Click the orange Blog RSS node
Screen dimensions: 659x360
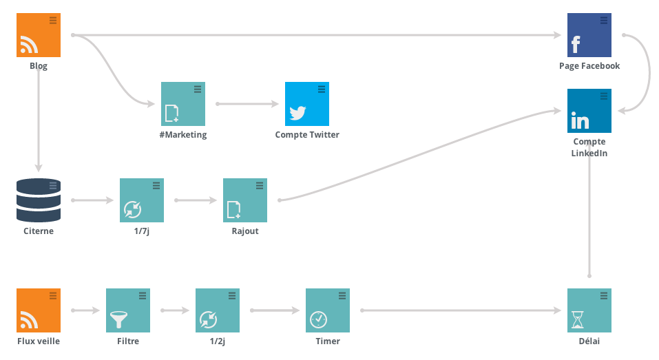click(x=39, y=35)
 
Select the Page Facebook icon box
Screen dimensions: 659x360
click(x=589, y=35)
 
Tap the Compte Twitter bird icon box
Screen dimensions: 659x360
click(x=307, y=104)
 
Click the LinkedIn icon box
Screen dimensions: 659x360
click(x=589, y=111)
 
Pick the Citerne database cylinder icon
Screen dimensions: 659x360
click(x=39, y=200)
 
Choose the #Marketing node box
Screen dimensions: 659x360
click(x=182, y=104)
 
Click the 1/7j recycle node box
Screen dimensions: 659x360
click(x=142, y=200)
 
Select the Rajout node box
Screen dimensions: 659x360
click(x=245, y=200)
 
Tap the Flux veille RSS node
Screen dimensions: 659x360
click(x=39, y=310)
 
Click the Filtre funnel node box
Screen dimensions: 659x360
click(x=128, y=310)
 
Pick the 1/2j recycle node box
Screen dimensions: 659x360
click(x=218, y=310)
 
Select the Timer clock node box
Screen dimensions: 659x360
click(x=327, y=310)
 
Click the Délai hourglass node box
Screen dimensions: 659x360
click(x=589, y=310)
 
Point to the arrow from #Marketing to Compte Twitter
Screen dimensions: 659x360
click(x=247, y=104)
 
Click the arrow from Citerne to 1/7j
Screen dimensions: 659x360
click(x=92, y=200)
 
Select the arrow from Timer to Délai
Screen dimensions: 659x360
click(x=461, y=310)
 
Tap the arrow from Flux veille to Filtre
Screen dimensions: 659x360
click(x=85, y=310)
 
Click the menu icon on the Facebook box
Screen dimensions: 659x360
click(x=604, y=20)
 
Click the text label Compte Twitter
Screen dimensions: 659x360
click(x=307, y=134)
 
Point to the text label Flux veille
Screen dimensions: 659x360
click(x=39, y=341)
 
